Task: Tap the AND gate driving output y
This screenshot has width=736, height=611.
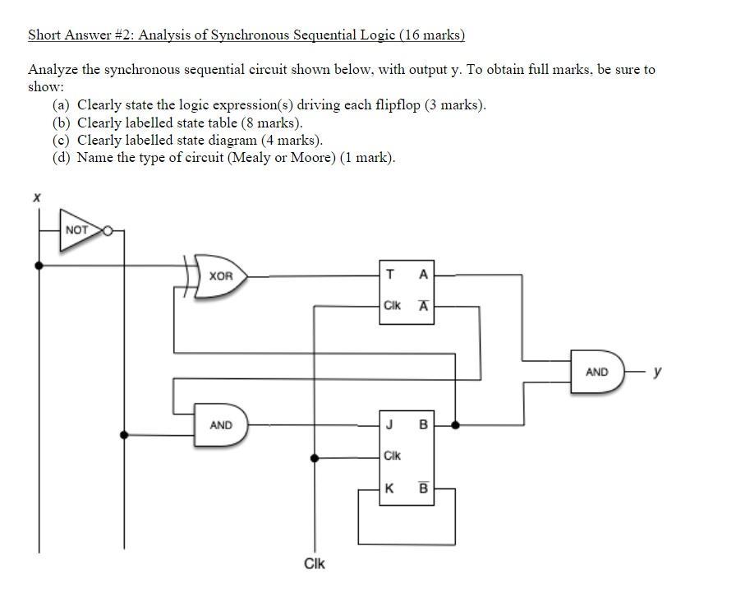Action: (x=597, y=372)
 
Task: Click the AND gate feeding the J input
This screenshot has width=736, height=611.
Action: (x=220, y=425)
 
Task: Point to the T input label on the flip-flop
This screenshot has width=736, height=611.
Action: (x=389, y=275)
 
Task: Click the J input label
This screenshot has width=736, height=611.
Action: (x=389, y=425)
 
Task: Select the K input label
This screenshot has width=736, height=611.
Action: (x=389, y=488)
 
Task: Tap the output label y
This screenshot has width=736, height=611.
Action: (x=657, y=372)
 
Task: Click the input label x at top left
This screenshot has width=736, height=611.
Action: (x=35, y=197)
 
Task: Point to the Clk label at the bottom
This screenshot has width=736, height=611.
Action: (x=314, y=563)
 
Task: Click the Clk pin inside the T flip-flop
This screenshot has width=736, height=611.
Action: (x=392, y=306)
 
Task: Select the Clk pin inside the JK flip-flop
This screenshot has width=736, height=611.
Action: (x=392, y=456)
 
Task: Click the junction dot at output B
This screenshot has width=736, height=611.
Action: (x=455, y=425)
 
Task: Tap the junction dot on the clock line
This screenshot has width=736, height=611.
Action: (x=314, y=458)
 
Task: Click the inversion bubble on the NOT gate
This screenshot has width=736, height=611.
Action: (x=108, y=230)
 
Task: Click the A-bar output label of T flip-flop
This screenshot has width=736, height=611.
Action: (x=423, y=305)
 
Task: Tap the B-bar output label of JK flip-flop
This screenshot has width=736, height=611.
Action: (x=423, y=488)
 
